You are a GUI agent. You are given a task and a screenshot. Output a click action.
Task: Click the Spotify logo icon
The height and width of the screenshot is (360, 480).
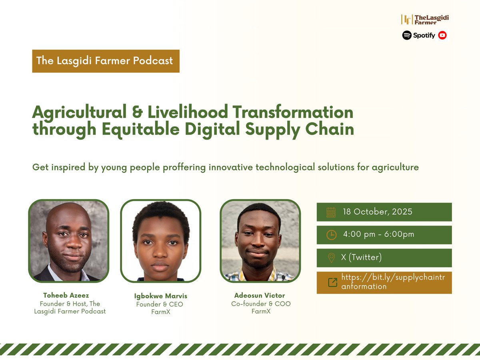(407, 35)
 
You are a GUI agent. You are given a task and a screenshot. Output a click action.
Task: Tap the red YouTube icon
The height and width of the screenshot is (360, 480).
(442, 35)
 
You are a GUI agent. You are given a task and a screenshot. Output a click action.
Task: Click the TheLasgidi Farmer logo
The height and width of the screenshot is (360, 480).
(422, 19)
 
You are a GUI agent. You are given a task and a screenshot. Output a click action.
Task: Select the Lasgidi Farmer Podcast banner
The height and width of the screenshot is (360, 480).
(106, 61)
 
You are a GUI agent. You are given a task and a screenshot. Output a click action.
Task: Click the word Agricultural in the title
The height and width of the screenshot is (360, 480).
(83, 112)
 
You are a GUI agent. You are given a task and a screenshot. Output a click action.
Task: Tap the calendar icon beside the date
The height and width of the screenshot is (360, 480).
(331, 212)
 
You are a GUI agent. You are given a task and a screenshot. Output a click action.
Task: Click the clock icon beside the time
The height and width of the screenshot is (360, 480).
(331, 235)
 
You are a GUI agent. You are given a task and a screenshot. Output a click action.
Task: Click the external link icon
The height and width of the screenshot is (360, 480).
(332, 282)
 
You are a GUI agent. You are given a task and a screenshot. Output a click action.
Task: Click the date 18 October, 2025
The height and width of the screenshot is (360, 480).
(377, 212)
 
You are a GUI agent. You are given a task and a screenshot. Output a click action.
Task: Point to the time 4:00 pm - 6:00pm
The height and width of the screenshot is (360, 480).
(378, 235)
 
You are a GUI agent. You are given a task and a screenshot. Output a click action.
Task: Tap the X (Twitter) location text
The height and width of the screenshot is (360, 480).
(361, 258)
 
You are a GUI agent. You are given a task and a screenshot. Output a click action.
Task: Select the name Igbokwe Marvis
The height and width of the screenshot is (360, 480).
(160, 296)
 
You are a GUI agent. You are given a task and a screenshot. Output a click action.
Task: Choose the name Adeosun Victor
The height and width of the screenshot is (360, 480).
(260, 296)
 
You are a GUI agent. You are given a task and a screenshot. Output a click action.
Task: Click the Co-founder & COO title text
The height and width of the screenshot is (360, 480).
(261, 304)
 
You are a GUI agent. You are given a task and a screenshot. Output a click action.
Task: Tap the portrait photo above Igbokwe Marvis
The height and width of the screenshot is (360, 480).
(160, 241)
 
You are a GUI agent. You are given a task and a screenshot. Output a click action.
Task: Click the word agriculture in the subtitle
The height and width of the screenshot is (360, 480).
(395, 167)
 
